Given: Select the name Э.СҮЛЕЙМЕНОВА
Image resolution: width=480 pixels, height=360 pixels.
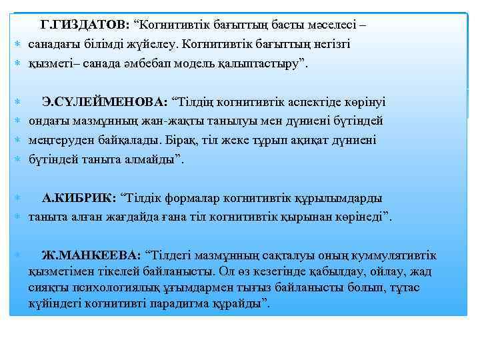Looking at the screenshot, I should [105, 102].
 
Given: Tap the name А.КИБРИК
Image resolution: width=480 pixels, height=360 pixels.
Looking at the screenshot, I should [79, 198].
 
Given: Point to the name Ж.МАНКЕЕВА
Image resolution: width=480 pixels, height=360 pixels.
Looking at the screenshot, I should [91, 255].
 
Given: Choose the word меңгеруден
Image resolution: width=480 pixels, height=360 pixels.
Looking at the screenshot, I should [61, 140].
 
